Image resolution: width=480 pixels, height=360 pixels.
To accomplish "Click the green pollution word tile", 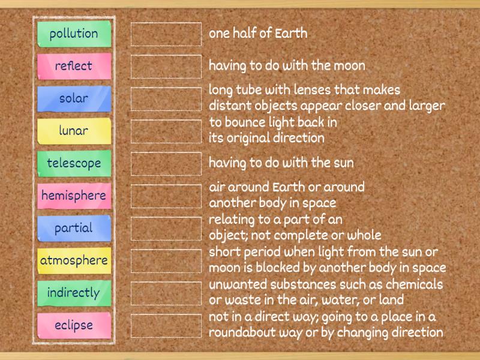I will pyautogui.click(x=74, y=34).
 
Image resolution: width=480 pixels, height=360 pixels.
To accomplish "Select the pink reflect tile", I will pyautogui.click(x=74, y=66).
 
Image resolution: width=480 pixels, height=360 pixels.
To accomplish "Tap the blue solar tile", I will pyautogui.click(x=74, y=98).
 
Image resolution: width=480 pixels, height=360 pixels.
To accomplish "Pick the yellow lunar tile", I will pyautogui.click(x=74, y=131).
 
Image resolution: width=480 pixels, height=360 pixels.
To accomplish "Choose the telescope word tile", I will pyautogui.click(x=74, y=163).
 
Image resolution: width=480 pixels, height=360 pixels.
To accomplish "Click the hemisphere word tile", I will pyautogui.click(x=74, y=196).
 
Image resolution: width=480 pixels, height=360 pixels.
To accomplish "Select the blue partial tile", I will pyautogui.click(x=74, y=228).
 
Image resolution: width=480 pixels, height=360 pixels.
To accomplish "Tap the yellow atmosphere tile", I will pyautogui.click(x=74, y=260).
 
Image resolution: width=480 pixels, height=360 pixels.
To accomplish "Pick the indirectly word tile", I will pyautogui.click(x=74, y=293).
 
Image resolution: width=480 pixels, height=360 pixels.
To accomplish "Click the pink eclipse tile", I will pyautogui.click(x=74, y=325).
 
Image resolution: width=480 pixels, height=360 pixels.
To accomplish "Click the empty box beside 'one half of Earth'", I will pyautogui.click(x=166, y=34).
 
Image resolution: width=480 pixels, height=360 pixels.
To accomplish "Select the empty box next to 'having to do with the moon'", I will pyautogui.click(x=166, y=67).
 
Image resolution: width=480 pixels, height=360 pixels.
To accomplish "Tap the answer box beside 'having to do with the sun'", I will pyautogui.click(x=166, y=164).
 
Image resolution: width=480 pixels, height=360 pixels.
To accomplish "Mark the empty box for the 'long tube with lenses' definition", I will pyautogui.click(x=166, y=99).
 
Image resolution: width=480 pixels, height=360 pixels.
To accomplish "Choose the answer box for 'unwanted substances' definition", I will pyautogui.click(x=166, y=293).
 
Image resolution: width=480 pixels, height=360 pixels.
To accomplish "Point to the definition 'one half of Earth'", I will pyautogui.click(x=258, y=34).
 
